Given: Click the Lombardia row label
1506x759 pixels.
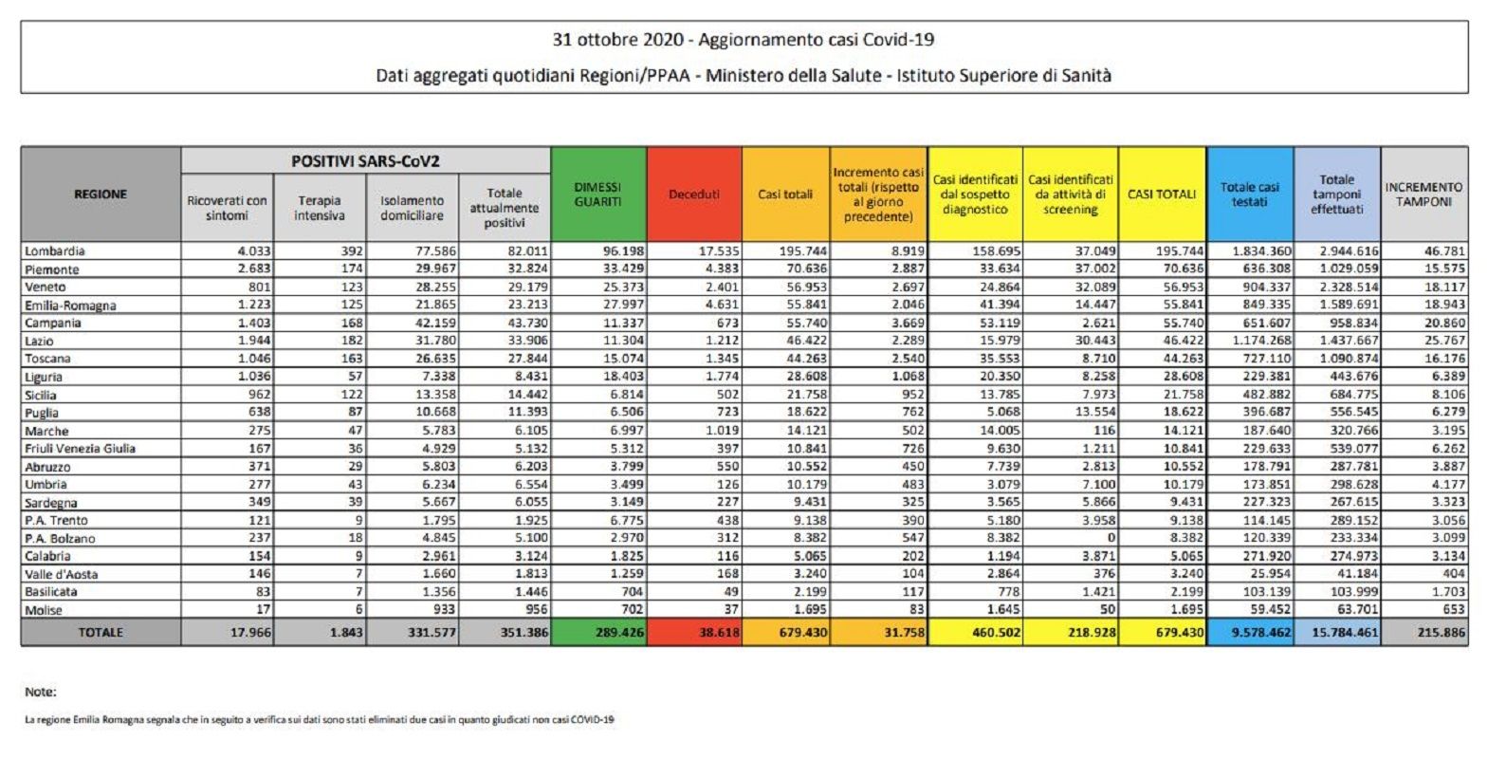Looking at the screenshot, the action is tap(54, 251).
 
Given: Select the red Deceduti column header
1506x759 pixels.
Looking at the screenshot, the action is tap(694, 194).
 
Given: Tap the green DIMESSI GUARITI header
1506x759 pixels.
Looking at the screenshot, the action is tap(597, 194).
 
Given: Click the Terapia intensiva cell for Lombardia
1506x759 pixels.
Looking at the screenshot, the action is tap(352, 251).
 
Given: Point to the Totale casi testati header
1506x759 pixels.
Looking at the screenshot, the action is tap(1250, 194).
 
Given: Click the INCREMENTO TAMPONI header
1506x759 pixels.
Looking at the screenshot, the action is tap(1424, 194).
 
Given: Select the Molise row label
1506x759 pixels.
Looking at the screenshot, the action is tap(43, 610).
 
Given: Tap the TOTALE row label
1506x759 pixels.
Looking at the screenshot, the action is tap(101, 633).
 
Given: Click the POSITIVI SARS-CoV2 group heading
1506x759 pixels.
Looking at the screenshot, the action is tap(365, 161).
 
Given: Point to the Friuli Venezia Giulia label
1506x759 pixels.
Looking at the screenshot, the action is tap(80, 449).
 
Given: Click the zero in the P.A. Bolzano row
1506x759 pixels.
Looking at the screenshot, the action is tap(1111, 538).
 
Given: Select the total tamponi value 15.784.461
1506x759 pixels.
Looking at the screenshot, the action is tap(1344, 633).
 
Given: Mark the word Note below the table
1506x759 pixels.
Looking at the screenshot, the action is tap(41, 692).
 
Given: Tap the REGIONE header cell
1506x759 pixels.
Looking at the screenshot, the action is tap(101, 194).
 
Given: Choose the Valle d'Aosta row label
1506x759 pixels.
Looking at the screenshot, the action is tap(62, 574).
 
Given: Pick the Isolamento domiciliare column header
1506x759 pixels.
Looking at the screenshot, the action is tap(413, 208).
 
